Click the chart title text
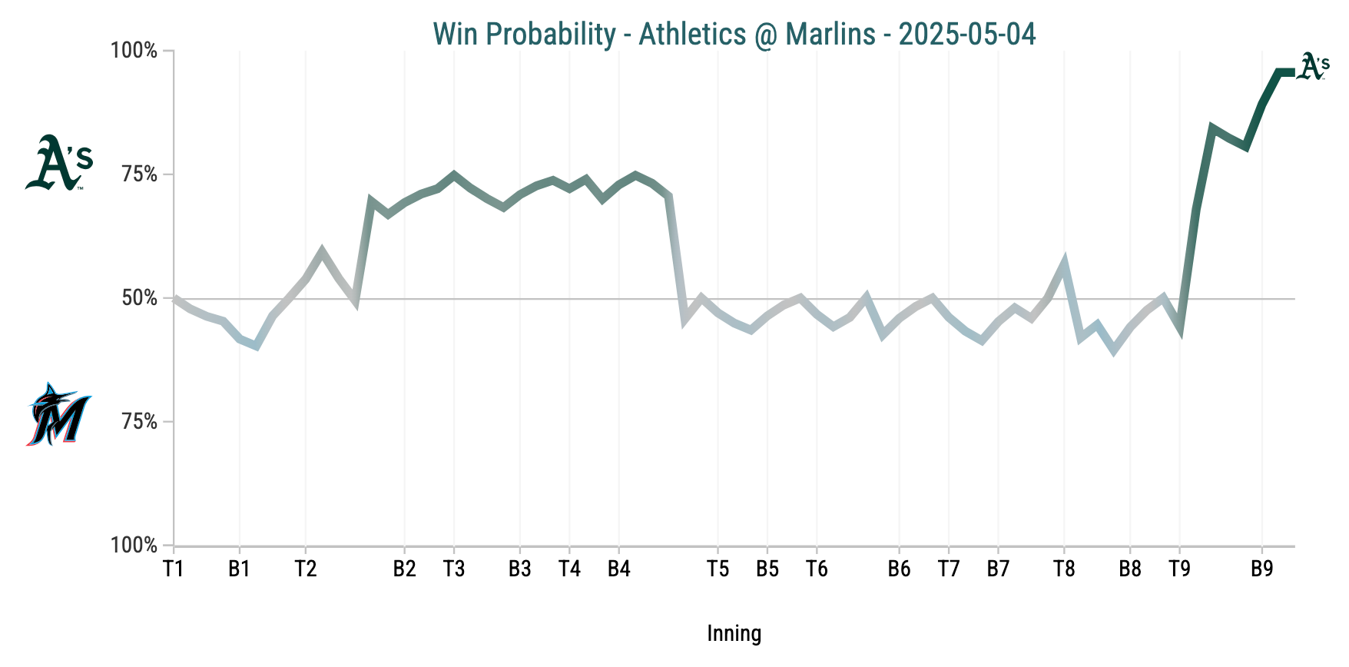click(734, 34)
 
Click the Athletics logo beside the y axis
click(58, 162)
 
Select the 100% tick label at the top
click(134, 51)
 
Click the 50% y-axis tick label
click(139, 298)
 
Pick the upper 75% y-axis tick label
click(139, 174)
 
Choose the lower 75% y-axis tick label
click(139, 422)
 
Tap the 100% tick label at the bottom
click(134, 546)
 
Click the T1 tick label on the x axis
click(174, 569)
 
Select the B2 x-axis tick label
click(405, 569)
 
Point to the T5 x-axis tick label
click(718, 569)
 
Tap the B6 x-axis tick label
click(899, 569)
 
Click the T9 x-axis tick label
click(1179, 569)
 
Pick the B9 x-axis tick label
click(1262, 569)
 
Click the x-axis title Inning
click(734, 634)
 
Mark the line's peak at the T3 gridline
click(454, 174)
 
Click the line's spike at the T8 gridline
click(1064, 264)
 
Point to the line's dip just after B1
click(256, 346)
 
